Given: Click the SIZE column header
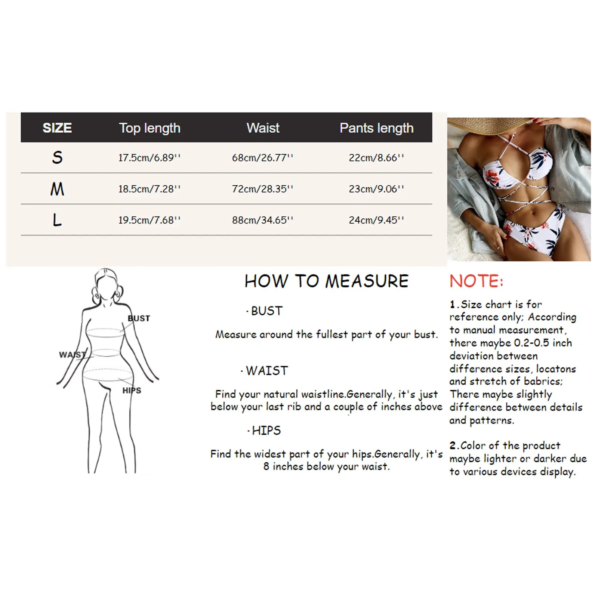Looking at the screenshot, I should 57,128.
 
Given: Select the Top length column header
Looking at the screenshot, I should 149,128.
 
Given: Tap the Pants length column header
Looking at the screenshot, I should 376,128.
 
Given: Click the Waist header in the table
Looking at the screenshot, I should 263,128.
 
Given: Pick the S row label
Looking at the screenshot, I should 57,157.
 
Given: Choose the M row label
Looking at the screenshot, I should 57,189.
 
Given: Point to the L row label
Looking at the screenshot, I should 57,220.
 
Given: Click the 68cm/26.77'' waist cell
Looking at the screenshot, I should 262,158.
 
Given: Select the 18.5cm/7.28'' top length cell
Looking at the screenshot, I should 149,189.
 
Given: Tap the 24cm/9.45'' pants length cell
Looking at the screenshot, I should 376,220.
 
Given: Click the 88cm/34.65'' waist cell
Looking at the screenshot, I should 262,220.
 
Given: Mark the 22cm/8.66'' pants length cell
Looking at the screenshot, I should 376,158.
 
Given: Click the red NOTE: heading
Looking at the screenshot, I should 476,281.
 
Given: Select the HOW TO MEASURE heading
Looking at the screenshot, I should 326,281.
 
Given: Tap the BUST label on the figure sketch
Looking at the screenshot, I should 139,318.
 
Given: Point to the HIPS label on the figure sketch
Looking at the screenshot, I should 132,391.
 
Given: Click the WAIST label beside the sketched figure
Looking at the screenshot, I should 72,355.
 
